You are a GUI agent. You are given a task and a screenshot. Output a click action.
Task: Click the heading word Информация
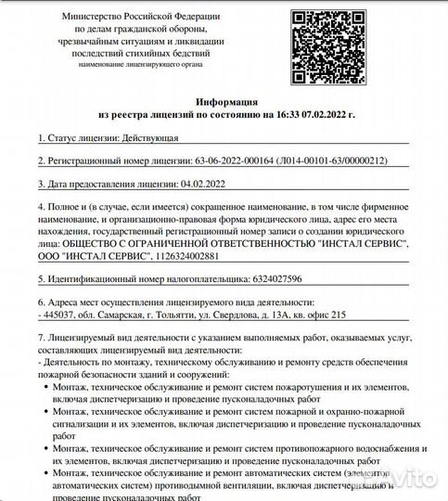227,100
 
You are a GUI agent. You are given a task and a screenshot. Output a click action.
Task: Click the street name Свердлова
250,315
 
